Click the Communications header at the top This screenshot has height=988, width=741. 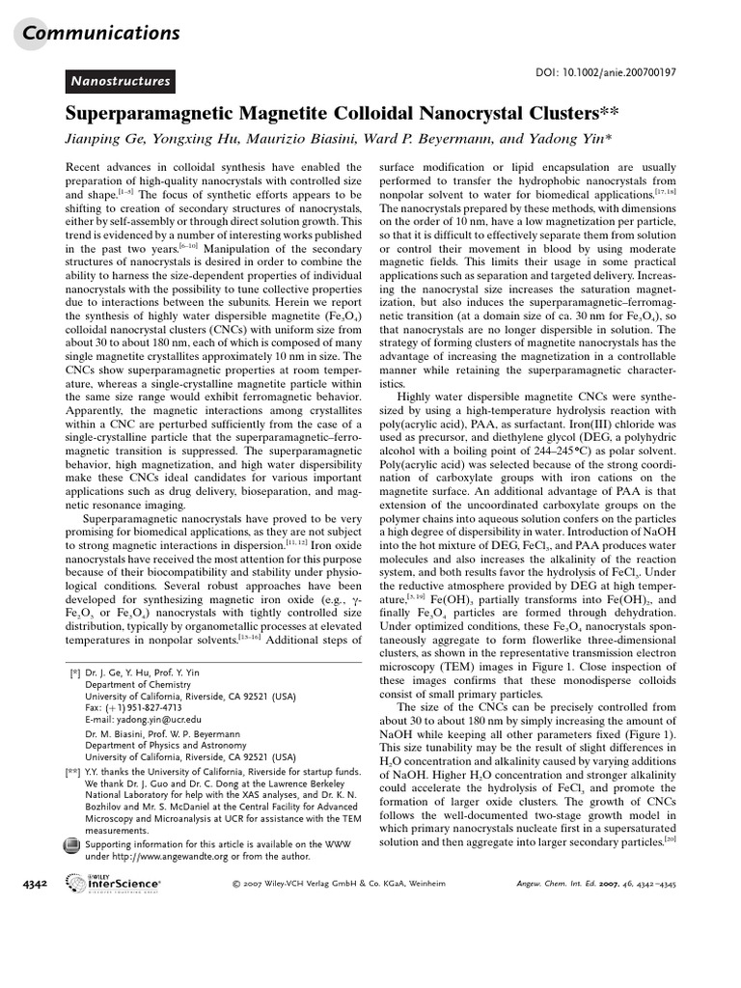[x=101, y=34]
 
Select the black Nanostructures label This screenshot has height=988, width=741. [x=120, y=82]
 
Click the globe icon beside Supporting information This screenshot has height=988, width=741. [x=71, y=846]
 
